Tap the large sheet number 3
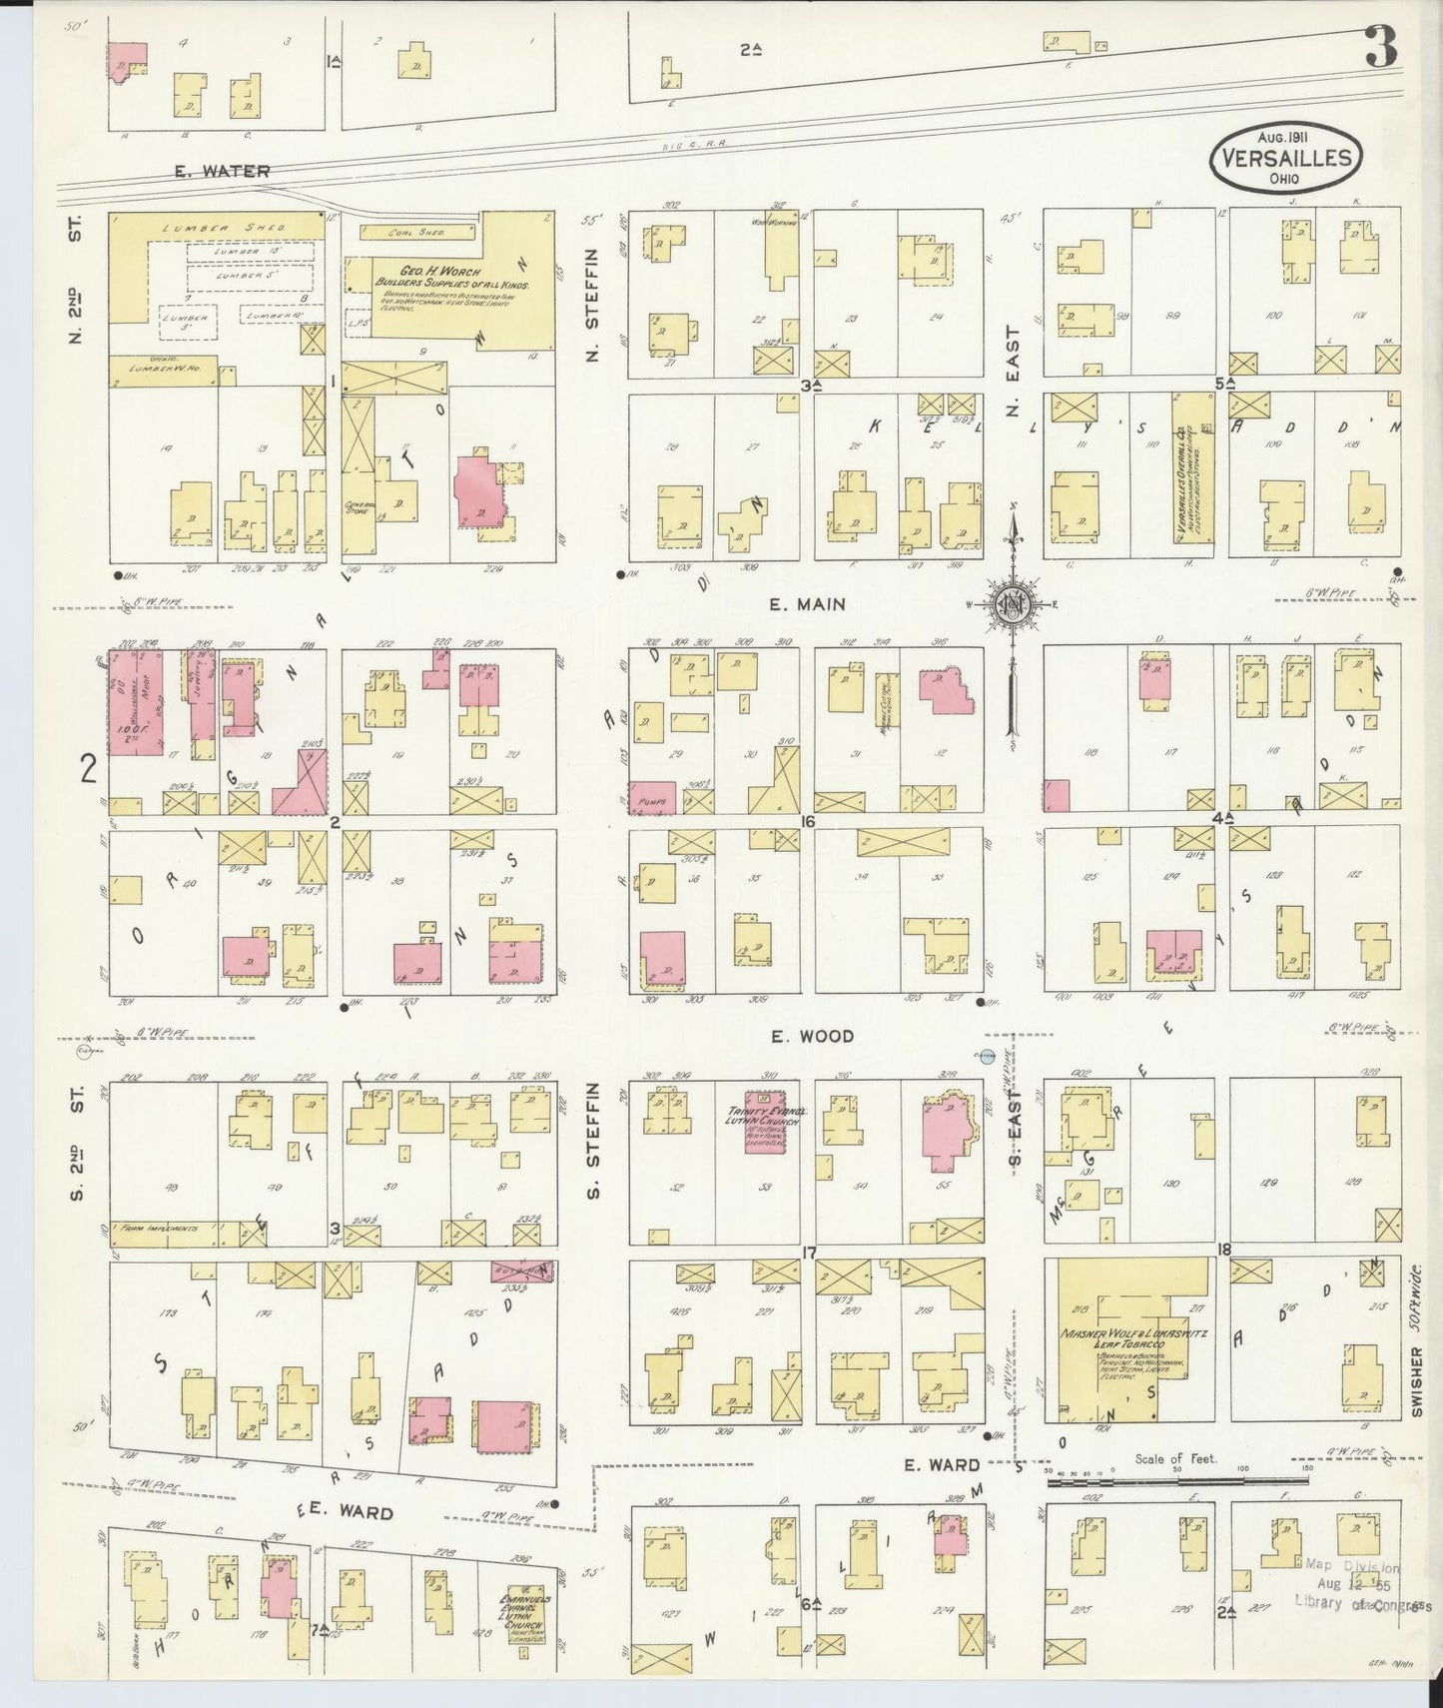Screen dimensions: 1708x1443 tap(1381, 46)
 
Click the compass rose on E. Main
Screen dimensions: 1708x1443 tap(1013, 604)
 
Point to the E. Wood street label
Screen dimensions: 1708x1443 tap(812, 1037)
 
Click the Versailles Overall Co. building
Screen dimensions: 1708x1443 tap(1192, 469)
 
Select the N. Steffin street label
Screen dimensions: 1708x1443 tap(593, 304)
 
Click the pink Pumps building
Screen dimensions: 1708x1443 tap(651, 797)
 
